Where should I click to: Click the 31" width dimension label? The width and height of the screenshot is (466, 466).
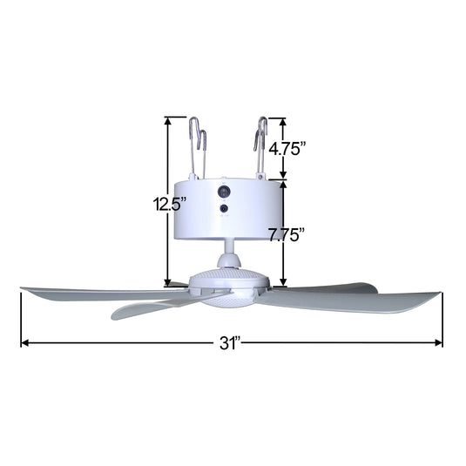click(x=230, y=342)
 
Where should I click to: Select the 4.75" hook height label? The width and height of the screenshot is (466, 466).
click(x=288, y=149)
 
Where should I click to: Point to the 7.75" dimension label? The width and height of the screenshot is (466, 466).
click(x=287, y=234)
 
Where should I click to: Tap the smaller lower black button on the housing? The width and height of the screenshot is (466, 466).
click(x=225, y=209)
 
